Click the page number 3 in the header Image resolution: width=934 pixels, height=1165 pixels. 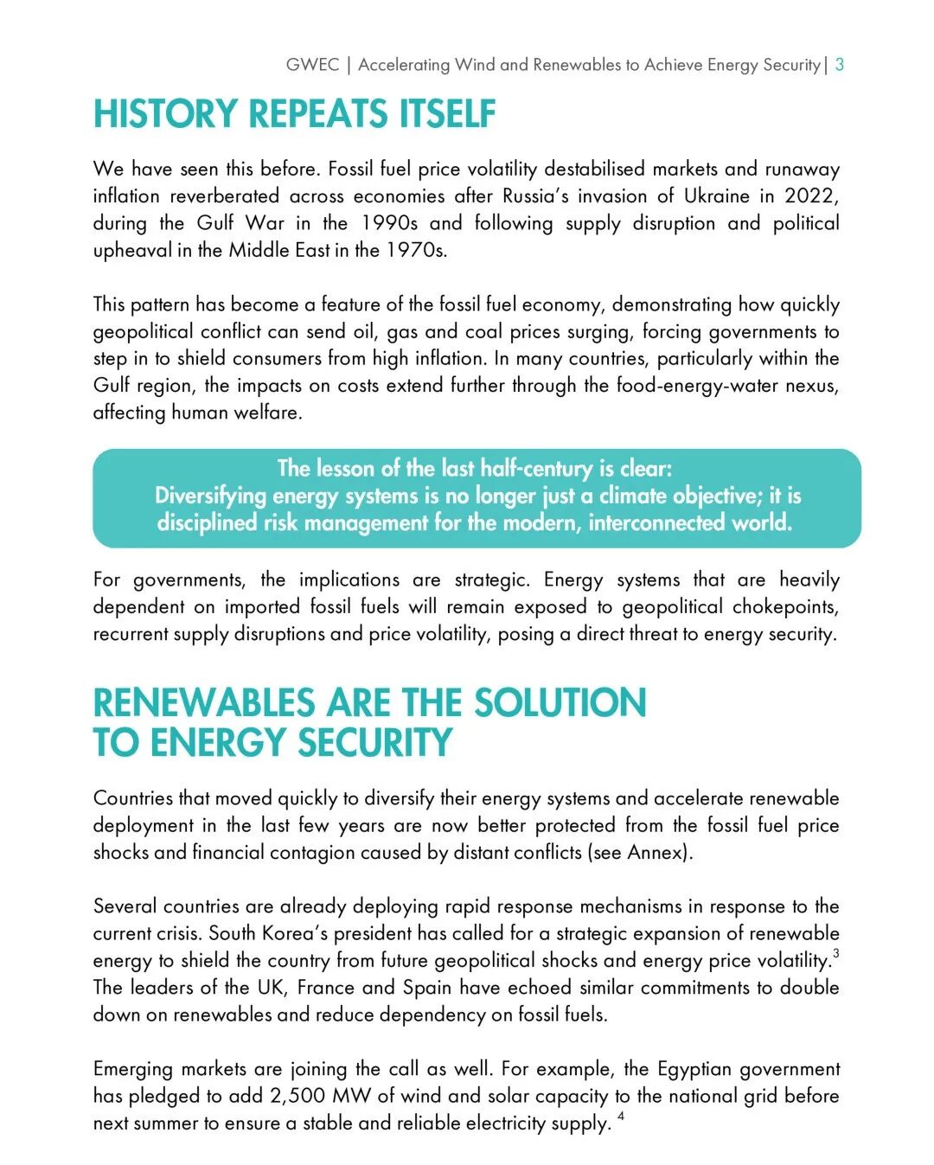840,65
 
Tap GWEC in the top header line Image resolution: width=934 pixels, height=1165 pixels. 312,65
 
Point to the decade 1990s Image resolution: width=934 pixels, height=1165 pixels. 389,223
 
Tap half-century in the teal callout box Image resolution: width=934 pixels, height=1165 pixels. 536,468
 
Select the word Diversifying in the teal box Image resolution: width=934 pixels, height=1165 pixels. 210,496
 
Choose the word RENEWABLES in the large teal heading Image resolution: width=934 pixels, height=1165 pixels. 203,702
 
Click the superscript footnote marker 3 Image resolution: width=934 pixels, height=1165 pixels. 836,953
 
